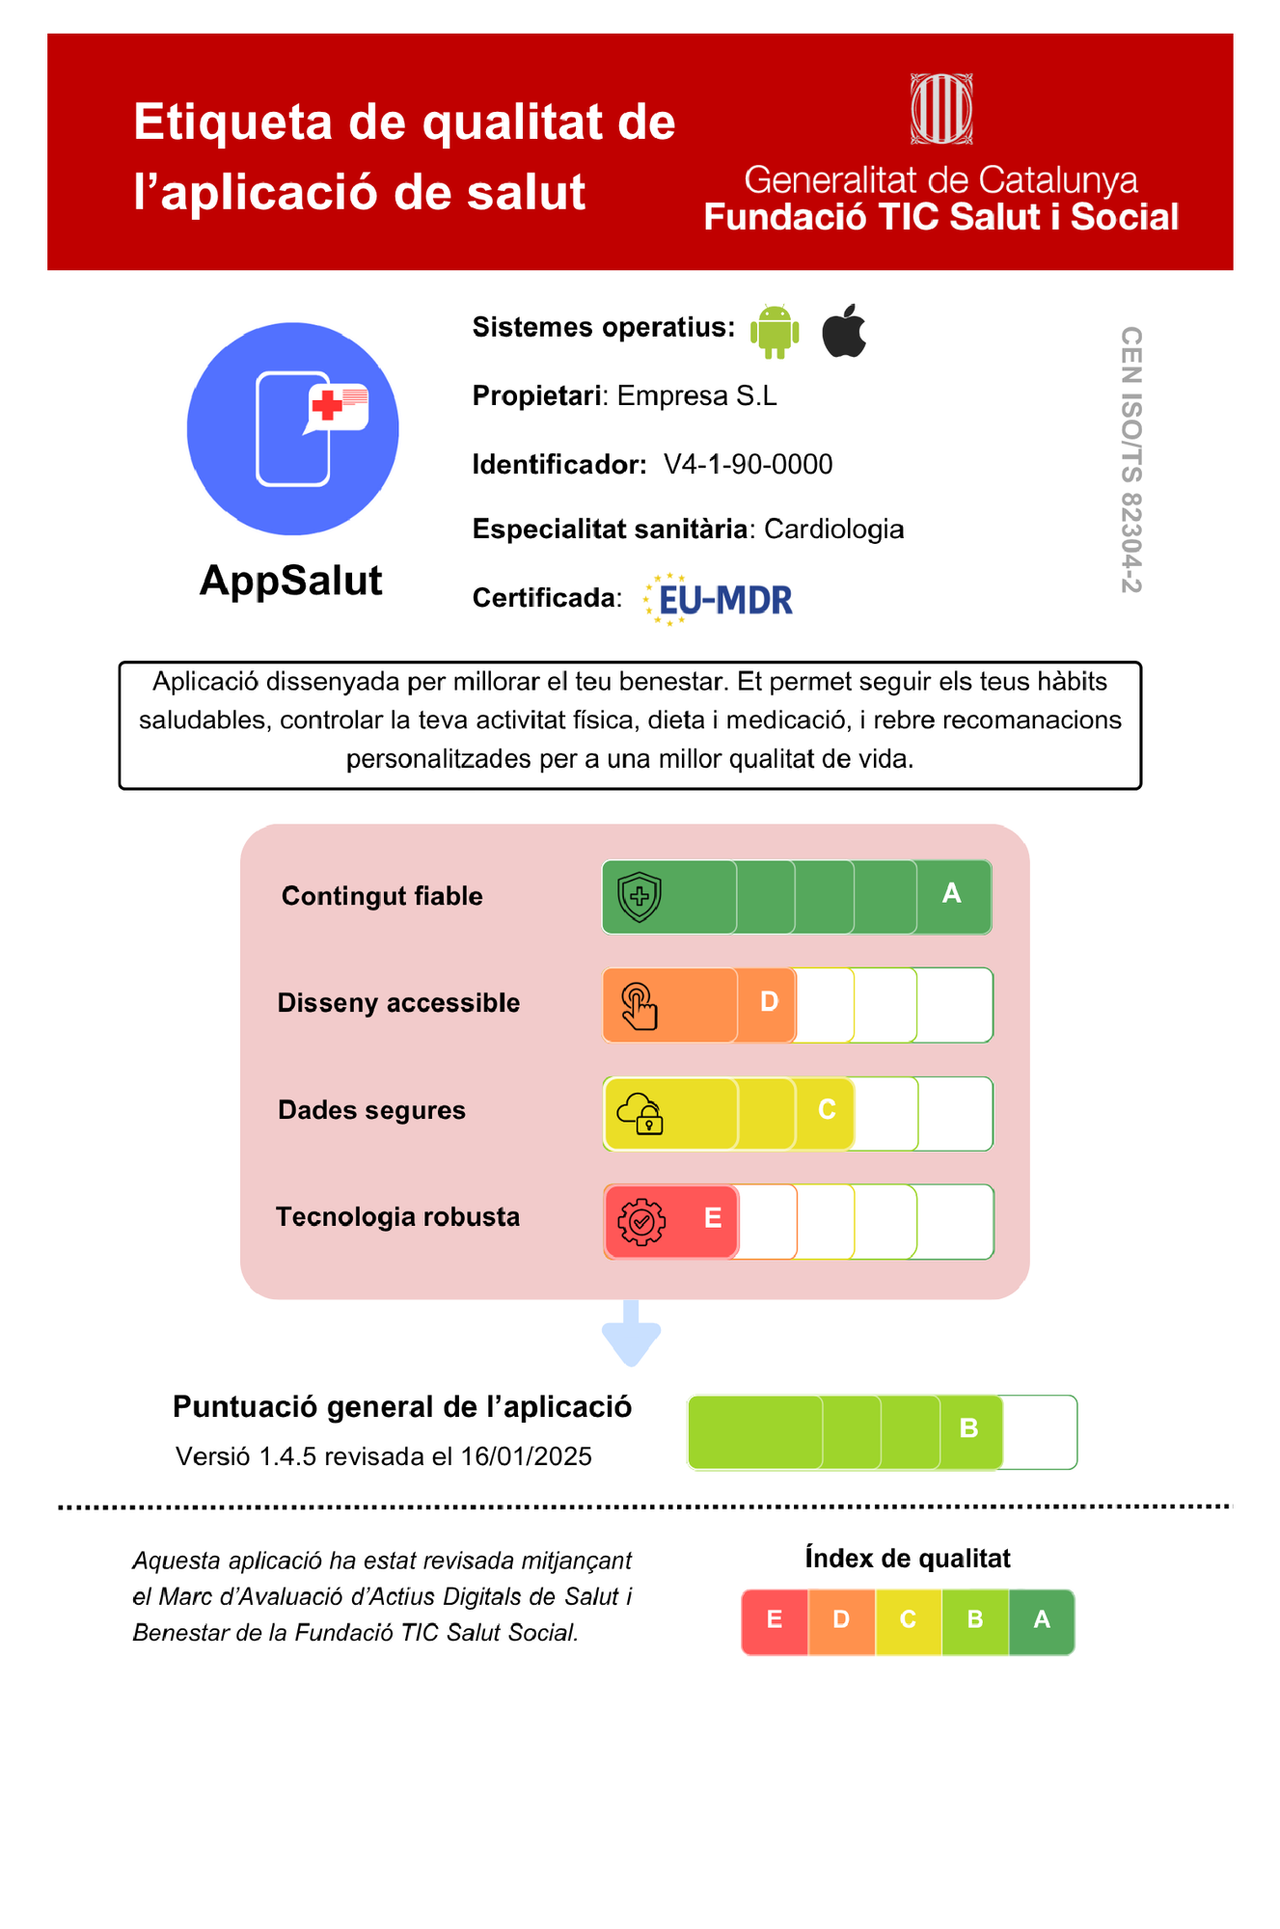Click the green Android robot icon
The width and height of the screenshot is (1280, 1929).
(x=775, y=331)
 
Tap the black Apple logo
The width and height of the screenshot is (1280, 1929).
(x=844, y=331)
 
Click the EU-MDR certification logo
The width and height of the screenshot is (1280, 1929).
(x=719, y=599)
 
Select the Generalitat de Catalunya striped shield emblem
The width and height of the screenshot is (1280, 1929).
(x=941, y=109)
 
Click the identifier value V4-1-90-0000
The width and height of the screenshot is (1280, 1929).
(x=748, y=465)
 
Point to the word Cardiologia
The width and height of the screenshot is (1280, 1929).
(x=833, y=530)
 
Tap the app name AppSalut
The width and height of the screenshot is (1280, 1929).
(x=290, y=581)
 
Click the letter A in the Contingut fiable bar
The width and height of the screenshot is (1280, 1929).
(x=951, y=894)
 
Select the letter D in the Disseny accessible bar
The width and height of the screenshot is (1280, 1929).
(x=769, y=1002)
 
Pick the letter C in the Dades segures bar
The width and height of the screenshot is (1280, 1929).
(x=827, y=1110)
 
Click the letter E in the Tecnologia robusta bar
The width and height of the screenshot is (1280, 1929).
(x=713, y=1218)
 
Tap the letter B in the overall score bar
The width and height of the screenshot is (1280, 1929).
(x=969, y=1428)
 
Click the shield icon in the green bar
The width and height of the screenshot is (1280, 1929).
(x=640, y=897)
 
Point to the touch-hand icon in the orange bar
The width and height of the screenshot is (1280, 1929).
(x=640, y=1006)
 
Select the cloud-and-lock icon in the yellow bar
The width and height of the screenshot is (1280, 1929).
(x=640, y=1114)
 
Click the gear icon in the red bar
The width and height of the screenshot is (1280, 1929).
(x=641, y=1222)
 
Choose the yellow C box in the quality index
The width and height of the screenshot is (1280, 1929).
(x=908, y=1620)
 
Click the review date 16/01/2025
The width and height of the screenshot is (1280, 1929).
(x=526, y=1456)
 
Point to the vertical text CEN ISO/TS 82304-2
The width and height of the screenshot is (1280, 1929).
(x=1130, y=459)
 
